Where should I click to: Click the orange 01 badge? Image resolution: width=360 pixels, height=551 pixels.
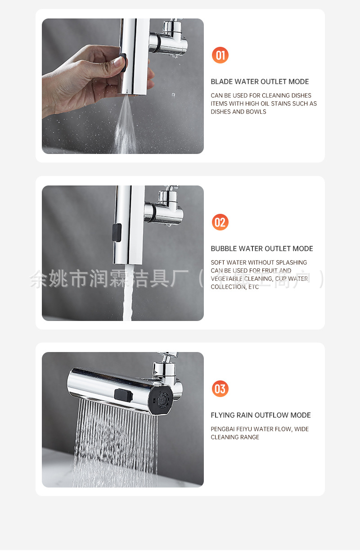pos(220,55)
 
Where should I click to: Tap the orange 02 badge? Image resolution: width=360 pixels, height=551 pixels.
pos(220,222)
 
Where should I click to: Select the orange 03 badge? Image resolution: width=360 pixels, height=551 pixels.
pos(220,388)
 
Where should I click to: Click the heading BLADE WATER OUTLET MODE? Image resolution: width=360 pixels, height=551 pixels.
pos(260,81)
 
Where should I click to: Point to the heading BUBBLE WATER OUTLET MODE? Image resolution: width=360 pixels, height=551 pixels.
pos(261,248)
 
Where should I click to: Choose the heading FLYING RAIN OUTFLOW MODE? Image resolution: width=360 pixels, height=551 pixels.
pos(261,415)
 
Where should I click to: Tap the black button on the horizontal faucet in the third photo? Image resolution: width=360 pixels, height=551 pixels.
pos(123,395)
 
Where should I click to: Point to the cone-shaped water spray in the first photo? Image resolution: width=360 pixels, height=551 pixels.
pos(125,126)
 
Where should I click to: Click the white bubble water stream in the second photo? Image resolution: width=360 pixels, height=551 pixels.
pos(127,293)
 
